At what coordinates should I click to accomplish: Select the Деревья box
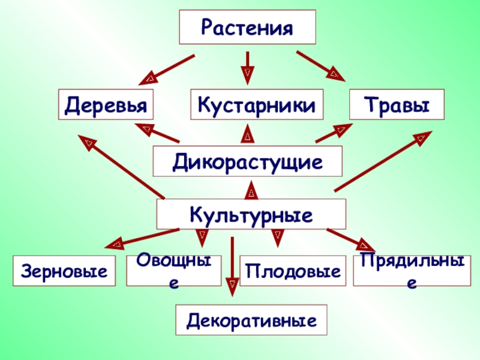[106, 105]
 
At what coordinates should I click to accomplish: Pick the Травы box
[397, 105]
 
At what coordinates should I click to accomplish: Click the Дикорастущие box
[248, 162]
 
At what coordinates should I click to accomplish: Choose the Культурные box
[251, 214]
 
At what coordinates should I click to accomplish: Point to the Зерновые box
[64, 270]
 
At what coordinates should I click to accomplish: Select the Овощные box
[173, 270]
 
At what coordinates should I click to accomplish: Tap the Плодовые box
[293, 270]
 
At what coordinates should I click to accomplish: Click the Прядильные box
[412, 270]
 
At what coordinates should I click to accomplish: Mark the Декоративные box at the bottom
[251, 319]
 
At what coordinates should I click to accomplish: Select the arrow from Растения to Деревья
[170, 68]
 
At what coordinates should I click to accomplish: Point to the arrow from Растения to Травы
[321, 65]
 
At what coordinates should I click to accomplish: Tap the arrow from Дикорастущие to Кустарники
[248, 134]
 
